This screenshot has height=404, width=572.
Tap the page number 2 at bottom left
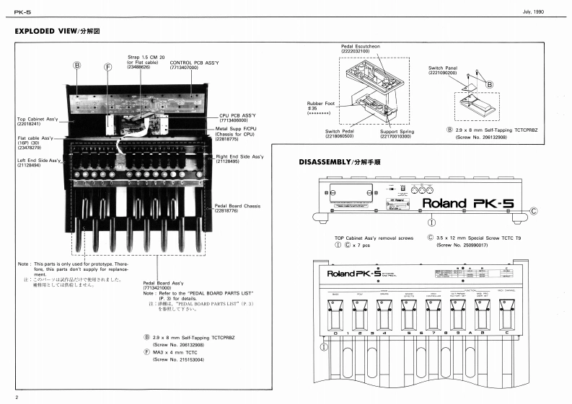point(16,398)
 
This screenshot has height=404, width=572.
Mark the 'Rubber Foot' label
point(321,103)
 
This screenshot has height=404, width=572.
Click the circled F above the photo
point(108,66)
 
